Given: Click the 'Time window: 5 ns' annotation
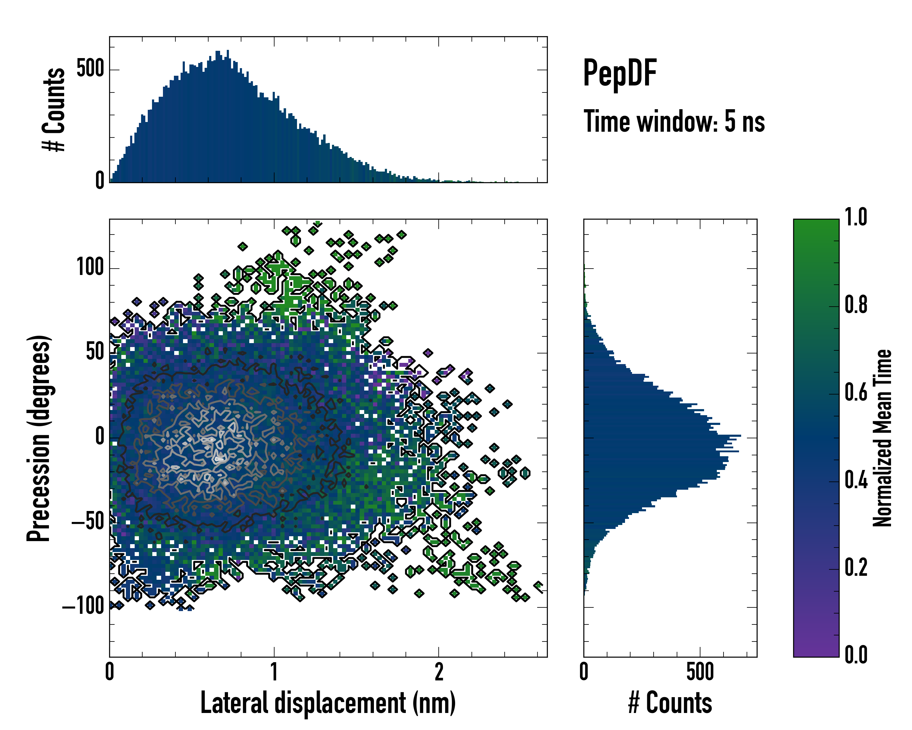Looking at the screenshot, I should [x=674, y=121].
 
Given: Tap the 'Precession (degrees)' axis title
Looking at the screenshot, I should [x=39, y=438].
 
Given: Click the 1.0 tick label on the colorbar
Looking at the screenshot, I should [x=856, y=217].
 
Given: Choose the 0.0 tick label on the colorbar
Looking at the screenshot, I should [x=856, y=655].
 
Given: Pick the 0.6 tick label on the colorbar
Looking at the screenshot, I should [x=856, y=392].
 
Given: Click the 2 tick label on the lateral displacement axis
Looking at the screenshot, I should [x=439, y=672].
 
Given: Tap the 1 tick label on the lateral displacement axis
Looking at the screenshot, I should [x=274, y=672].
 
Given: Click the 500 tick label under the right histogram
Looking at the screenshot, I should [x=700, y=672].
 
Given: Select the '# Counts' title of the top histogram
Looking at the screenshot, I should [x=54, y=109].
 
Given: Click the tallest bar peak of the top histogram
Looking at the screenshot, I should [x=228, y=51].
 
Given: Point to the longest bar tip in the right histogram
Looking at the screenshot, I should [x=740, y=436].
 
